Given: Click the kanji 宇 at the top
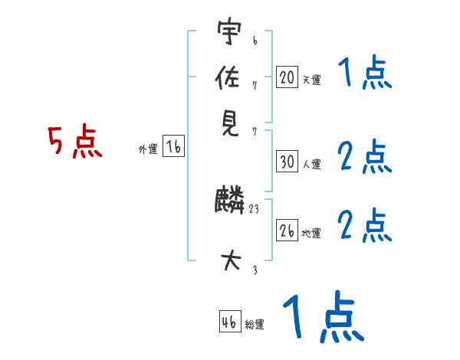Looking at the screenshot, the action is [x=230, y=32].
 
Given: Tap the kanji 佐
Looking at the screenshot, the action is [x=230, y=77].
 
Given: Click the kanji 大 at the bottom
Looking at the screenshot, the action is [x=230, y=262].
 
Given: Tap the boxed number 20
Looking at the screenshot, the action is [x=287, y=77].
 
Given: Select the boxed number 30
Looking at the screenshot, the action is [x=287, y=162].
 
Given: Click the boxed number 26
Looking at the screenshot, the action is [x=287, y=231].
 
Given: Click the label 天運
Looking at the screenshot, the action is [x=311, y=80].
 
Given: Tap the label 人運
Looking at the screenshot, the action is [x=311, y=164].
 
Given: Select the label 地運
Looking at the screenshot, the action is [x=311, y=233].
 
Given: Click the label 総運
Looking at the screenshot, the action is [x=255, y=325].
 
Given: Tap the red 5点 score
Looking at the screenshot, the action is [x=74, y=142].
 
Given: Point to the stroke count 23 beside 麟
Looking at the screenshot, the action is [x=255, y=208].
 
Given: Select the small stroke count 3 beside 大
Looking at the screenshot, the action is [x=255, y=269].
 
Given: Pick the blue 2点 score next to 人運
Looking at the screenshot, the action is [x=364, y=156].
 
